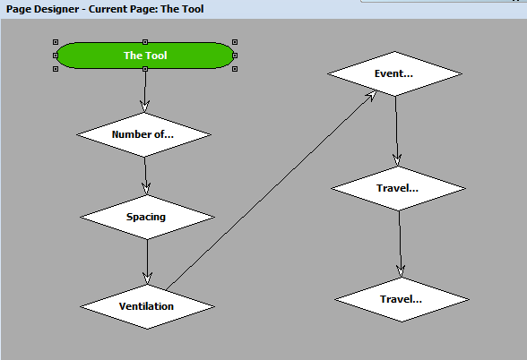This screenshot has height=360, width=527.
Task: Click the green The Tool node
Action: (145, 56)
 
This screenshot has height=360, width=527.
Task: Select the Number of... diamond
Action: (143, 134)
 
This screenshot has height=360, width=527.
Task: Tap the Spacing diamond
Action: (147, 217)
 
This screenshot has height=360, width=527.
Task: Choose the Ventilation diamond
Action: (147, 306)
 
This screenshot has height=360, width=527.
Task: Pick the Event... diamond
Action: (393, 73)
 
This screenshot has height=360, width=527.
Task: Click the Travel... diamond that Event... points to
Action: (399, 188)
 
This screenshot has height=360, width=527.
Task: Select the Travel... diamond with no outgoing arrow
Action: (402, 299)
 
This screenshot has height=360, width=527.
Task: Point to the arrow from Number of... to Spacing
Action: (145, 172)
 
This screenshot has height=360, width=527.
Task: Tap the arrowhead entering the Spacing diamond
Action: (146, 188)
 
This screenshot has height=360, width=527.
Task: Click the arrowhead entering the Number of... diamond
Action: (144, 107)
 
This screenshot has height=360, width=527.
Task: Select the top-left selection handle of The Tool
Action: (56, 42)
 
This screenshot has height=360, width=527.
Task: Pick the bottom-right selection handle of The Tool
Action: (235, 69)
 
